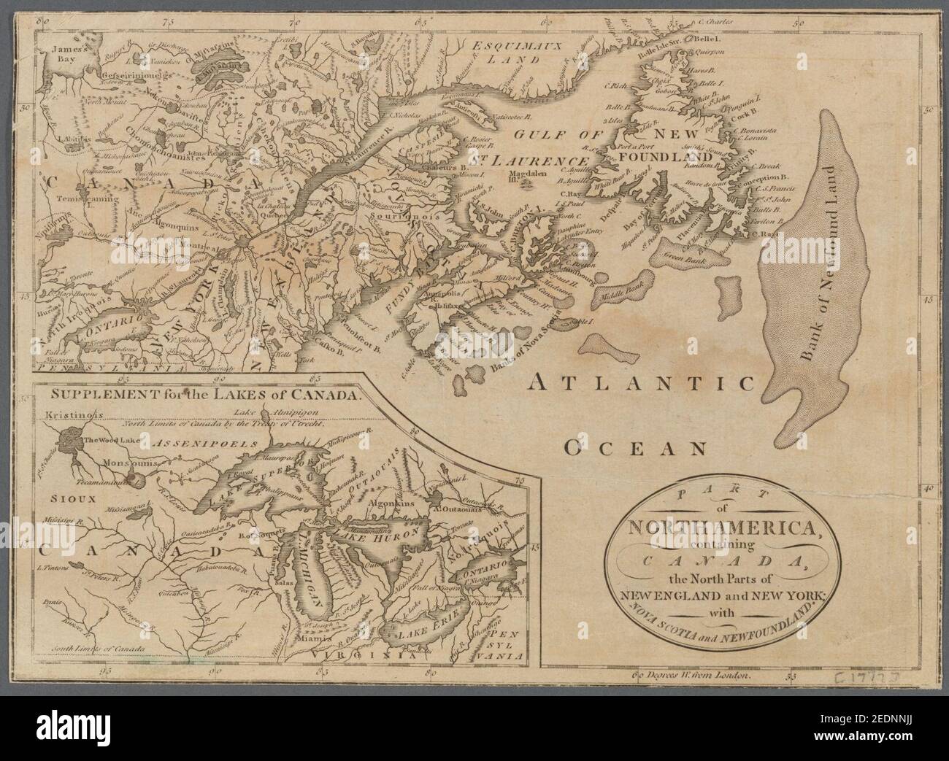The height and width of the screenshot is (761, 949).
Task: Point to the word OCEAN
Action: (635, 447)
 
